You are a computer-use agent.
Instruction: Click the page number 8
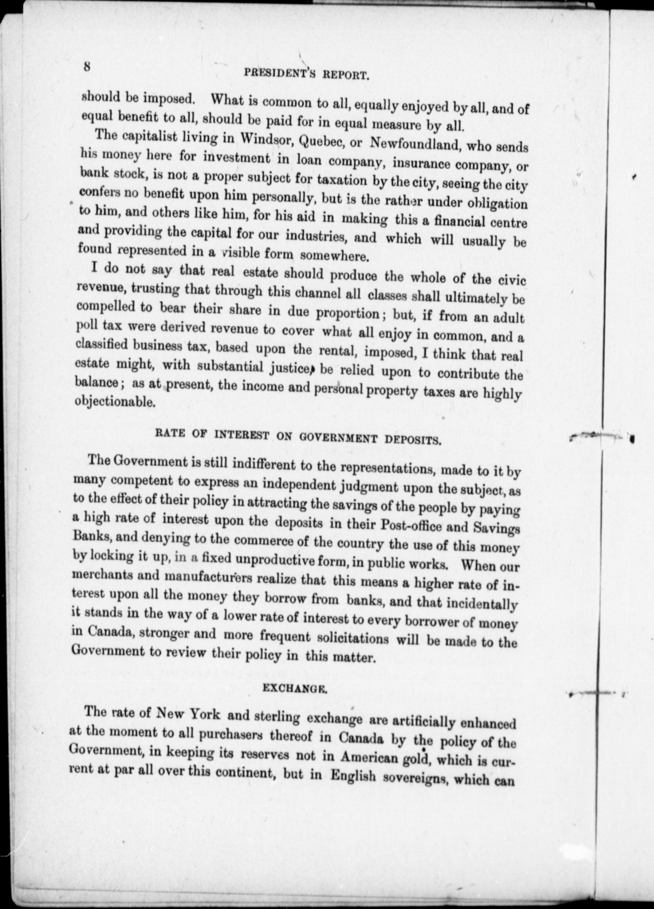coord(86,66)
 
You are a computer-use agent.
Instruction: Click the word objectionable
coord(116,401)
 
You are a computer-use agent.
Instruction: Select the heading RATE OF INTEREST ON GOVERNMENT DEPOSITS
coord(298,437)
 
